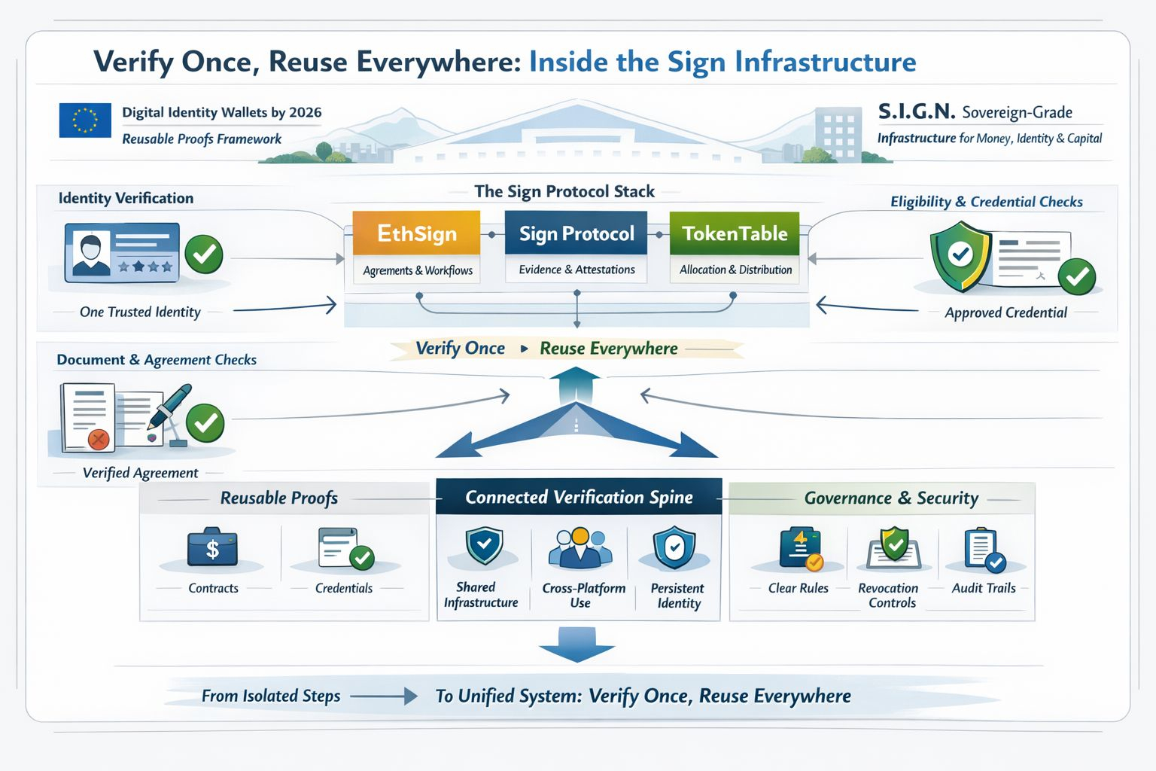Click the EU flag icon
(x=85, y=120)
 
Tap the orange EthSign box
(x=416, y=233)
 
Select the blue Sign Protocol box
(x=576, y=233)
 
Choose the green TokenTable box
(x=735, y=233)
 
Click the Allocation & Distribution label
(x=735, y=270)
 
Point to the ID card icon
(x=122, y=252)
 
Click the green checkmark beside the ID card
(x=204, y=254)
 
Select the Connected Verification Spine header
(x=579, y=497)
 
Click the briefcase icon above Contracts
(x=212, y=547)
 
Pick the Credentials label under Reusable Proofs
(x=343, y=588)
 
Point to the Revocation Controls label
(x=889, y=595)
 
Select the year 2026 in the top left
(x=305, y=112)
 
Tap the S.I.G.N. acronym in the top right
(x=916, y=111)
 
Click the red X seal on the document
(x=98, y=439)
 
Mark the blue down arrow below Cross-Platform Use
(x=577, y=645)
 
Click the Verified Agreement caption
(x=140, y=473)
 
